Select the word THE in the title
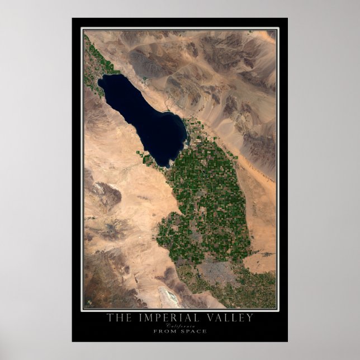tap(119, 318)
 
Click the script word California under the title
tap(180, 325)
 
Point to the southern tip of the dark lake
tap(168, 164)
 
